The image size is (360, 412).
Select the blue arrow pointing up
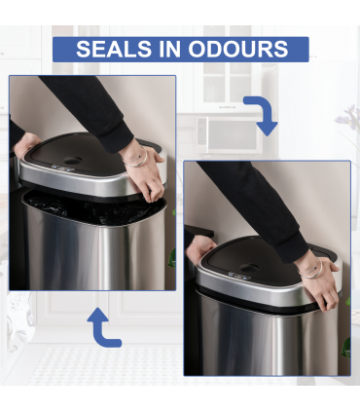click(103, 327)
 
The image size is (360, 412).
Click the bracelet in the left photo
click(142, 155)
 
